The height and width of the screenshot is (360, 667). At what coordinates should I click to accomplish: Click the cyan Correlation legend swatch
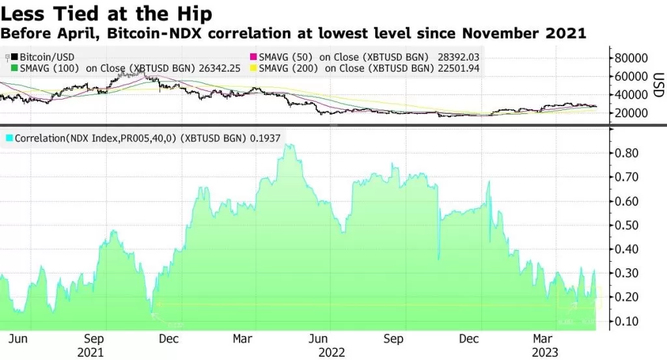[8, 139]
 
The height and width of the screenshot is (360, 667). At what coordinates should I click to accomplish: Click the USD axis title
[659, 85]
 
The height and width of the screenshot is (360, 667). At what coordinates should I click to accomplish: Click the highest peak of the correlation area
[287, 145]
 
